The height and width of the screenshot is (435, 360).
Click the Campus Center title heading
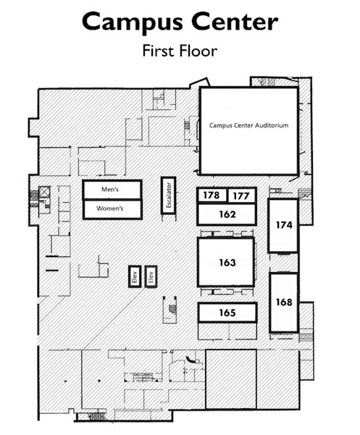pyautogui.click(x=180, y=22)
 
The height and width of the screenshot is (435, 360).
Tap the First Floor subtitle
pyautogui.click(x=180, y=51)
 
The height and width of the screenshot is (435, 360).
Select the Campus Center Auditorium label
pyautogui.click(x=248, y=125)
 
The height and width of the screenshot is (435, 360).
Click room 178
pyautogui.click(x=212, y=195)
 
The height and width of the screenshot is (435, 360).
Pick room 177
pyautogui.click(x=241, y=196)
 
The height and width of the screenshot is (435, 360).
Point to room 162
pyautogui.click(x=227, y=214)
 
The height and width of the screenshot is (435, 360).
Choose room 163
pyautogui.click(x=226, y=262)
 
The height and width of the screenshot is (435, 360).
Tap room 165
pyautogui.click(x=227, y=313)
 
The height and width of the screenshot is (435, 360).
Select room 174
pyautogui.click(x=283, y=225)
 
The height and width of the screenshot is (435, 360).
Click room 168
pyautogui.click(x=284, y=303)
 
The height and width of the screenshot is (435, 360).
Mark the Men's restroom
pyautogui.click(x=112, y=190)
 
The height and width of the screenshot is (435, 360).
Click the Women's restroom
pyautogui.click(x=112, y=209)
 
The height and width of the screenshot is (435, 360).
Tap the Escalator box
pyautogui.click(x=169, y=195)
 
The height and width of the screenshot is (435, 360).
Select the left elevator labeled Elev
pyautogui.click(x=135, y=276)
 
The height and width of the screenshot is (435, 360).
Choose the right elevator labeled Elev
pyautogui.click(x=151, y=276)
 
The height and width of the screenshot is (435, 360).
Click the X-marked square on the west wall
pyautogui.click(x=44, y=192)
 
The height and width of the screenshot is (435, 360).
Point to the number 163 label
pyautogui.click(x=227, y=263)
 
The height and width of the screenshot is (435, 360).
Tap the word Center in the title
pyautogui.click(x=235, y=22)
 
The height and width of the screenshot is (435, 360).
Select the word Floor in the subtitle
pyautogui.click(x=198, y=51)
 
